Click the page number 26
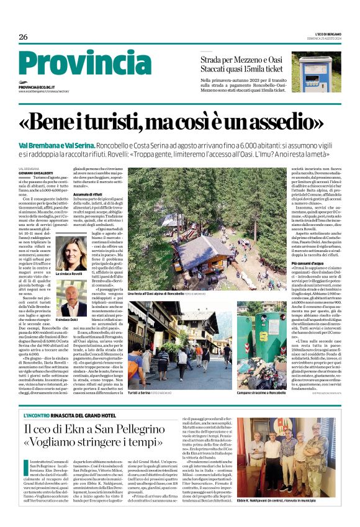point(23,37)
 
